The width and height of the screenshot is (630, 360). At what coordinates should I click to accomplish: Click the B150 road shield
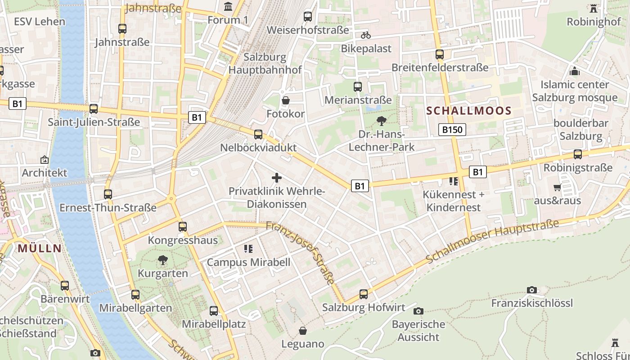pos(452,130)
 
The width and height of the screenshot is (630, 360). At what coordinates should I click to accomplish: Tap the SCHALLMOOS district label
pos(469,111)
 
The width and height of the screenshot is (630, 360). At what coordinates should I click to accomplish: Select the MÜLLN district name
pos(40,248)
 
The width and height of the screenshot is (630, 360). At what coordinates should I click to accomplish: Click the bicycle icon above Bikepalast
pos(366,35)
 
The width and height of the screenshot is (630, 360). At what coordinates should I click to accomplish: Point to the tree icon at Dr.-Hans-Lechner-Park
pos(382,121)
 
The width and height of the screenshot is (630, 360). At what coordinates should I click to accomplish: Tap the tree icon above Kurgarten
pos(162,260)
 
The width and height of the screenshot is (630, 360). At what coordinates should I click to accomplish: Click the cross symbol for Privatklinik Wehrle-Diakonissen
pos(277,178)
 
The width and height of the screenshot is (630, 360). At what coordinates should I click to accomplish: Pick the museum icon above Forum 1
pos(228,7)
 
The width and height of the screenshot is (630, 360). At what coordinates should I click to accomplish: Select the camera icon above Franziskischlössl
pos(532,290)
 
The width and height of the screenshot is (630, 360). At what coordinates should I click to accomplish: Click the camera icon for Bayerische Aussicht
pos(418,311)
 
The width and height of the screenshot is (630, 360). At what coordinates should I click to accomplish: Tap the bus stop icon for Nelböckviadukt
pos(258,134)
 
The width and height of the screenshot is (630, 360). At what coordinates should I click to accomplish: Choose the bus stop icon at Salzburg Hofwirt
pos(364,294)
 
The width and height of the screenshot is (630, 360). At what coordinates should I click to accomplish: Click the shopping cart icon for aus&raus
pos(557,187)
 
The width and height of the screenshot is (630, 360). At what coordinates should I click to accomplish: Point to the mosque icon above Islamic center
pos(574,71)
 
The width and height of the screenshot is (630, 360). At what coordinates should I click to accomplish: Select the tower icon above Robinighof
pos(594,8)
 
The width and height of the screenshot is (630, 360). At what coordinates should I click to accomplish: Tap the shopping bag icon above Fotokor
pos(285,100)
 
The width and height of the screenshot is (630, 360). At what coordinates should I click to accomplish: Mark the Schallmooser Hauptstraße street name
pos(492,241)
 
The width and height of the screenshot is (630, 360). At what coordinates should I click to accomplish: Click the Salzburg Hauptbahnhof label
pos(265,63)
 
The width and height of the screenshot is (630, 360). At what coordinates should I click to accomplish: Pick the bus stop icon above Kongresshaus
pos(182,227)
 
